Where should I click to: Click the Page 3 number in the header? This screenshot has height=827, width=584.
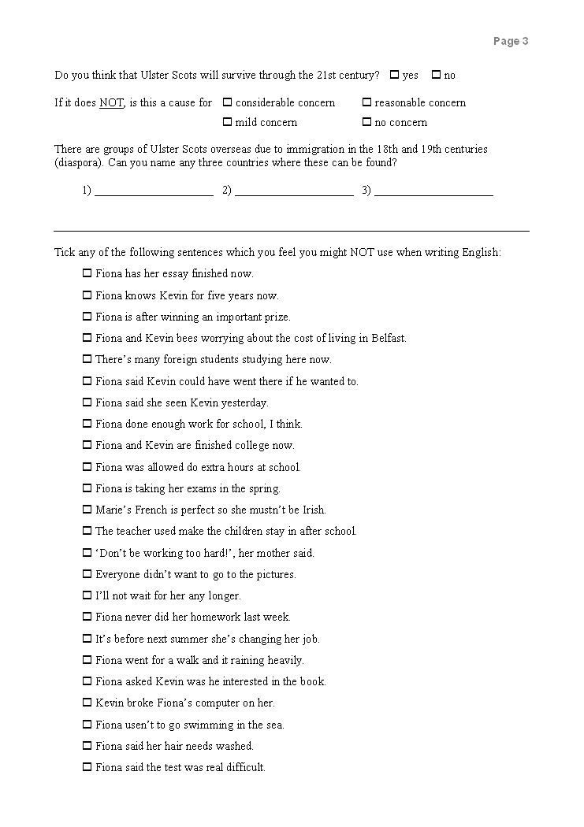coord(511,42)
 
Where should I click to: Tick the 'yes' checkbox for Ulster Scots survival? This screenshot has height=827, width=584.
coord(394,76)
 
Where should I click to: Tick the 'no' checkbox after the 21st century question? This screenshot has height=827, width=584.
coord(436,76)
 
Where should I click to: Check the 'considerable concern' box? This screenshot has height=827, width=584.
coord(227,102)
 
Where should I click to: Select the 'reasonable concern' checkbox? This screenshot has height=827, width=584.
coord(366,102)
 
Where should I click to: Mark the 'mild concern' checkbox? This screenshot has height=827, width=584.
coord(227,122)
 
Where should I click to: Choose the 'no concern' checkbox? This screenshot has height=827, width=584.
coord(366,122)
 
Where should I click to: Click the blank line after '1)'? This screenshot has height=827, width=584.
coord(154,191)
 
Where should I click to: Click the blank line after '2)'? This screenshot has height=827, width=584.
coord(294,191)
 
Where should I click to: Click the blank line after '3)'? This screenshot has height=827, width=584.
coord(433,191)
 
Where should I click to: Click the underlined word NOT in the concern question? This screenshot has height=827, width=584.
coord(111,103)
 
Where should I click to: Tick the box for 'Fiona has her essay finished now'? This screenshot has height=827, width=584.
coord(87,274)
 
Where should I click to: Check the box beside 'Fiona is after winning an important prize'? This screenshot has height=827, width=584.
coord(87,317)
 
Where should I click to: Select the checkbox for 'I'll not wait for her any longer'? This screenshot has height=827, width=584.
coord(87,595)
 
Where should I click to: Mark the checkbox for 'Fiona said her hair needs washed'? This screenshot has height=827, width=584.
coord(87,746)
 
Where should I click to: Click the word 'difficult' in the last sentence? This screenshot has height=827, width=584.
coord(244,767)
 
